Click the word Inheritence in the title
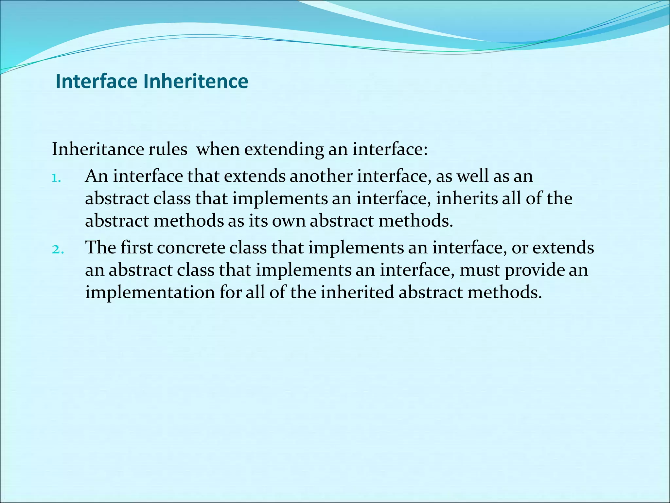[196, 82]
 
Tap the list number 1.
[56, 178]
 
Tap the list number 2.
[58, 250]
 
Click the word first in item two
[136, 248]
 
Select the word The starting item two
[100, 248]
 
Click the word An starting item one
[97, 177]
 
